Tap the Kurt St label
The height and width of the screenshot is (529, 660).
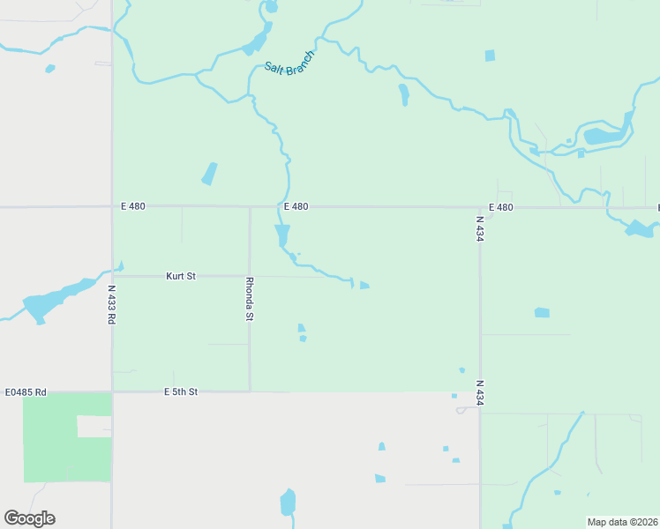coord(181,276)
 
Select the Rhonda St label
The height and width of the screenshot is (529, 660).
coord(250,299)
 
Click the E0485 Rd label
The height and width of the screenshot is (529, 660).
coord(26,391)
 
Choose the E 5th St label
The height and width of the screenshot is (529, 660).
coord(181,391)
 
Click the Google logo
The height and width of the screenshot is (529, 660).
coord(30,518)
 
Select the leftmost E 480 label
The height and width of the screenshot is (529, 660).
coord(133,206)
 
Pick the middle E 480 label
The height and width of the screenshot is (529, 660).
coord(296,206)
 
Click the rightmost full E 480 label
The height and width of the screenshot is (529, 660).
coord(500,207)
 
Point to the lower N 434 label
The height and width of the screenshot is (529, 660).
coord(480,393)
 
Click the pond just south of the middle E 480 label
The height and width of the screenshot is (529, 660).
coord(282,235)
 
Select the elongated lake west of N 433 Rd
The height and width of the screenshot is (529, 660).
coord(53,300)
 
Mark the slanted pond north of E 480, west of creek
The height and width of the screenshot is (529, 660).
coord(209,174)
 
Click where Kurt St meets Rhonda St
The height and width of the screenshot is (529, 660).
coord(250,276)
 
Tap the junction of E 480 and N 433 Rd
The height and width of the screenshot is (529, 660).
coord(112,207)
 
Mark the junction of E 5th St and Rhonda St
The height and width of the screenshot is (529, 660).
coord(250,391)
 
